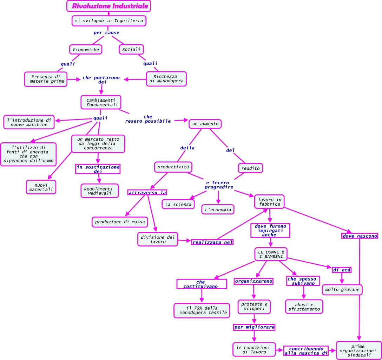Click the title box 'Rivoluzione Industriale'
tap(108, 6)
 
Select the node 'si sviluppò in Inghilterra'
tap(109, 21)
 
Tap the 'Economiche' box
tap(86, 50)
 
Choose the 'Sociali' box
tap(131, 49)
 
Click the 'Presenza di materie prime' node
tap(46, 79)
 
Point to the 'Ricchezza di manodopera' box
tap(166, 79)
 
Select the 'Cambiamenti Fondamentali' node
tap(101, 102)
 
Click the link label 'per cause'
tap(106, 33)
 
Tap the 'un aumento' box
tap(205, 124)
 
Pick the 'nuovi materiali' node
tap(41, 187)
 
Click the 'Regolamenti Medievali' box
tap(100, 191)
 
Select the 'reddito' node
tap(250, 168)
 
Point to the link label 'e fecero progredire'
tap(219, 185)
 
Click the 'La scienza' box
tap(178, 204)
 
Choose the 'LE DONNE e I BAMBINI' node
tap(271, 254)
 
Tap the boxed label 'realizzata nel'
tap(212, 242)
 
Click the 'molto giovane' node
tap(342, 290)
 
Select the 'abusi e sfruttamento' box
tap(304, 307)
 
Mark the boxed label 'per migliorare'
tap(254, 327)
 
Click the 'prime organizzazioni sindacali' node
tap(359, 351)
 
